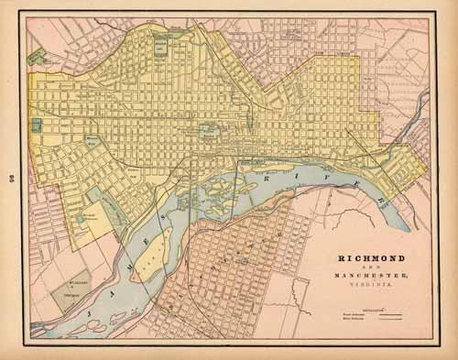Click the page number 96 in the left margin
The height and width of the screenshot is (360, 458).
click(10, 179)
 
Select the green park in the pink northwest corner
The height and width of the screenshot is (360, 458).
click(37, 56)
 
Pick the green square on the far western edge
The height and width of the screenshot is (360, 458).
click(37, 125)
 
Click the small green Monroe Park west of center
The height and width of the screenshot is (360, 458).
click(93, 140)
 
